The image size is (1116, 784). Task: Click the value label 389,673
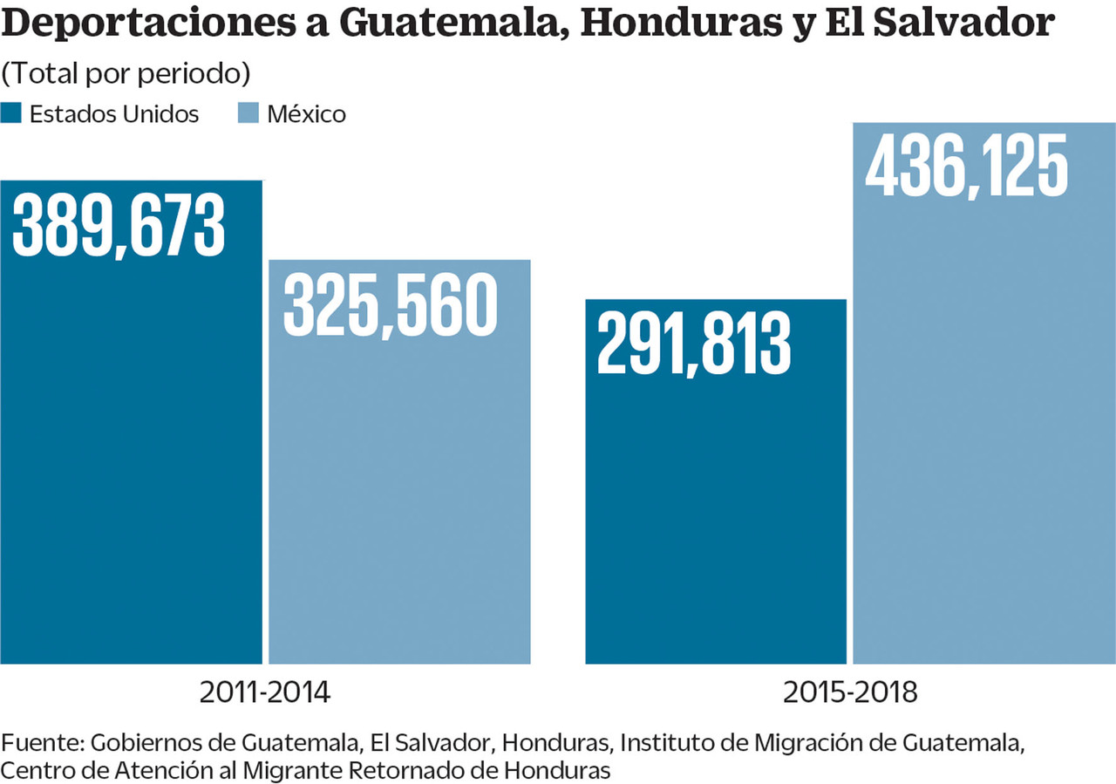tap(119, 224)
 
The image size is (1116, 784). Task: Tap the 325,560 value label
tap(390, 304)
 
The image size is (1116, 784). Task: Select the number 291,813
tap(694, 344)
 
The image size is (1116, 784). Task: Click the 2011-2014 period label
tap(265, 692)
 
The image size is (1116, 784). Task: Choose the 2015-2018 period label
tap(850, 692)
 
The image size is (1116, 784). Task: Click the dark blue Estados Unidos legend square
tap(11, 113)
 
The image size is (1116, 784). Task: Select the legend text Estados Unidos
tap(114, 114)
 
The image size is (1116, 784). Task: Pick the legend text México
tap(306, 114)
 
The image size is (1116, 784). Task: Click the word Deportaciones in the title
tap(161, 24)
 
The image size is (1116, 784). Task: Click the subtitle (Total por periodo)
tap(126, 74)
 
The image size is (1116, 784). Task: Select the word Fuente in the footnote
tap(40, 743)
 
